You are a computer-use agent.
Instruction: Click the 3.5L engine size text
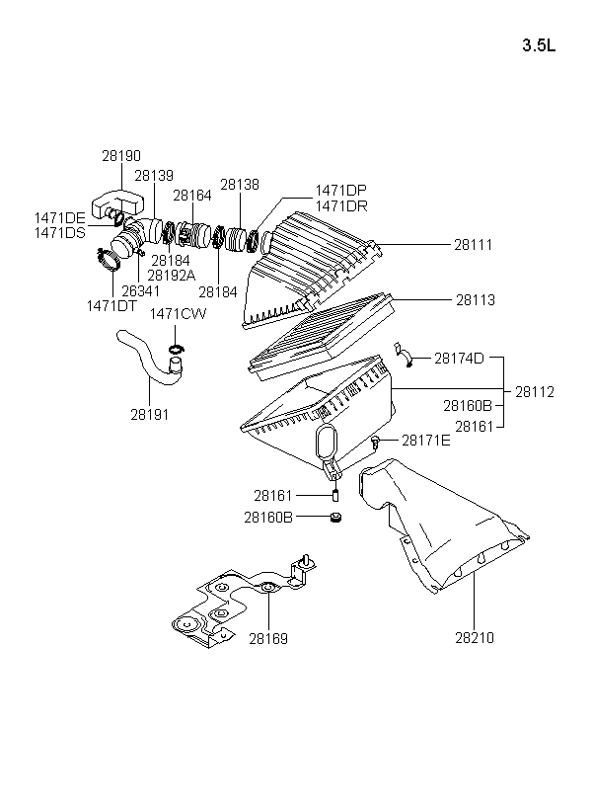[539, 45]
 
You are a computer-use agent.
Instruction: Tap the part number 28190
[121, 155]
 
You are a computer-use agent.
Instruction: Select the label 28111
[473, 244]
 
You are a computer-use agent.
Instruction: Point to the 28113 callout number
[475, 299]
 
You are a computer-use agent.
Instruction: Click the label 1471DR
[341, 206]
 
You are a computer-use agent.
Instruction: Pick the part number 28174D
[459, 358]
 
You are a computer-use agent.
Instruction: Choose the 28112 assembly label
[534, 392]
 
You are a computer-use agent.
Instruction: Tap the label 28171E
[426, 441]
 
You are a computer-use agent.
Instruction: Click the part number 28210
[475, 638]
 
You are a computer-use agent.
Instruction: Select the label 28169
[268, 639]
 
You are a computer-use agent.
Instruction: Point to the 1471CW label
[178, 314]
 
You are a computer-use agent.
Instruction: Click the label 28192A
[172, 276]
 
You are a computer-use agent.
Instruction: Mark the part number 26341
[140, 290]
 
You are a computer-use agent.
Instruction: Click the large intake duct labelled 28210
[439, 526]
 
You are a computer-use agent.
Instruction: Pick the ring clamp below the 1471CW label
[176, 348]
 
